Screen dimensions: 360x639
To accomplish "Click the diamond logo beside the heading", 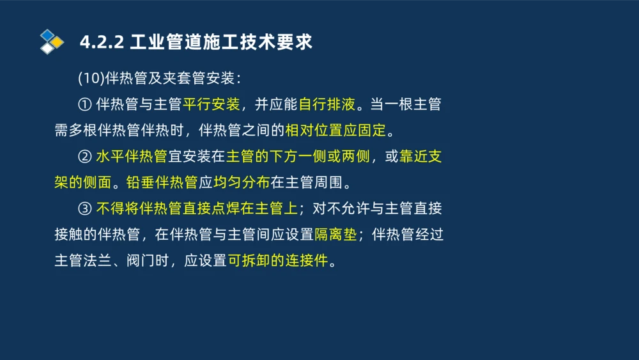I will coord(52,42).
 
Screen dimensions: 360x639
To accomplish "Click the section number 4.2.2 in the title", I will coord(102,42).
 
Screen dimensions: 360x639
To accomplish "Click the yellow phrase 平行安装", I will coord(212,105).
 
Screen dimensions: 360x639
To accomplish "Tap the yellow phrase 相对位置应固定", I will coord(335,131).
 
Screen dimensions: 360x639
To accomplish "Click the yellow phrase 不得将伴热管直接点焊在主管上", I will coord(197,209).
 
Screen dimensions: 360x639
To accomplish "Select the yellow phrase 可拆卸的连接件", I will coord(277,262).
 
